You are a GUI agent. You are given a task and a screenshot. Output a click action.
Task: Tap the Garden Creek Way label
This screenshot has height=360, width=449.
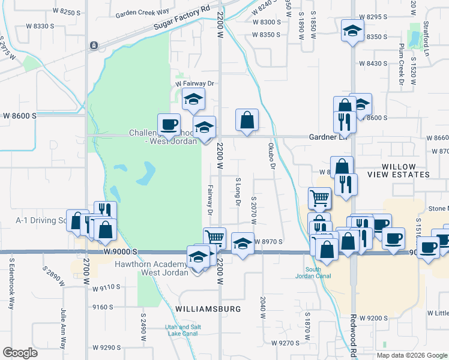click(x=143, y=13)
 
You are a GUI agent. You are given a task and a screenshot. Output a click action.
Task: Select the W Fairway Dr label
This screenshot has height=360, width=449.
click(x=195, y=83)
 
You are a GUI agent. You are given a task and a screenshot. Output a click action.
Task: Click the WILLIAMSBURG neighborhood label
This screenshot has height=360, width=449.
click(x=208, y=309)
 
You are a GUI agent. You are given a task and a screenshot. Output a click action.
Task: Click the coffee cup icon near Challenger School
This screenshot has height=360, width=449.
click(x=169, y=124)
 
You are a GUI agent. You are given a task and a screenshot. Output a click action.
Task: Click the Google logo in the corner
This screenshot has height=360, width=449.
click(x=20, y=353)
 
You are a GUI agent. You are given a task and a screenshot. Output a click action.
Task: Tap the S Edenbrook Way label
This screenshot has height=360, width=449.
click(x=11, y=283)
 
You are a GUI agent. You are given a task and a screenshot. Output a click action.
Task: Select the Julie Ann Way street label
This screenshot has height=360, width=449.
click(x=62, y=328)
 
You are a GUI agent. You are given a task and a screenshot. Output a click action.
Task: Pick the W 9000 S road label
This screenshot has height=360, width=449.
click(x=120, y=251)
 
